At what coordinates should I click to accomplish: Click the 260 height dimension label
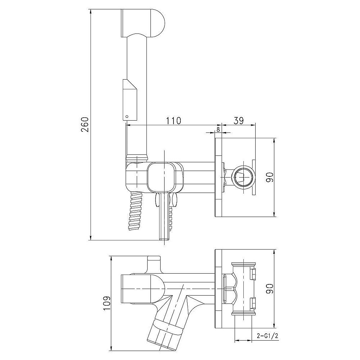(85, 125)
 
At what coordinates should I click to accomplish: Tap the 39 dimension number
(238, 121)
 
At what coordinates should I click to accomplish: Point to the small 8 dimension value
(218, 130)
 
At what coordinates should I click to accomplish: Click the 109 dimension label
(107, 303)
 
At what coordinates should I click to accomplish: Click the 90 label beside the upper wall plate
(270, 177)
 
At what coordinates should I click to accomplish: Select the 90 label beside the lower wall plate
(270, 289)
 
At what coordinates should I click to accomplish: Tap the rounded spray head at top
(142, 23)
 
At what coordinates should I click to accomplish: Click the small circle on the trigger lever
(127, 116)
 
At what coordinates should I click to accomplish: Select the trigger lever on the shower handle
(130, 100)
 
